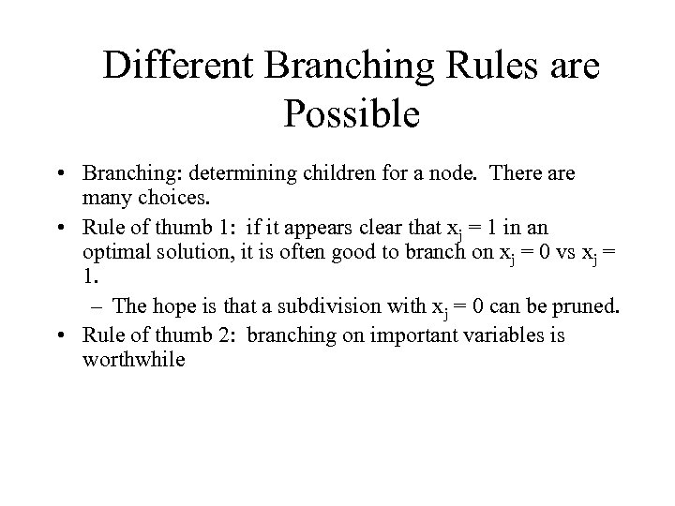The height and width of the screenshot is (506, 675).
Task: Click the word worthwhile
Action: click(x=134, y=359)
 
